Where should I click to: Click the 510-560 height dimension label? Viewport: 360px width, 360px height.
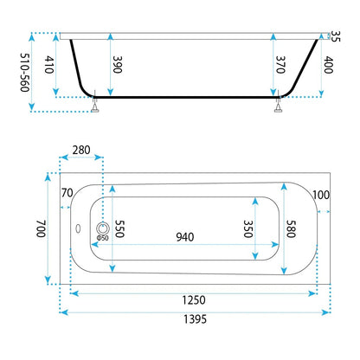pos(25,72)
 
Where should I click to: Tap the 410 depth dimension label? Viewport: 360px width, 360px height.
pos(49,65)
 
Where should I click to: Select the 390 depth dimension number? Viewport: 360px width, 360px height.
pos(118,64)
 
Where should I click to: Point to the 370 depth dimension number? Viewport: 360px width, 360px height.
pos(280,65)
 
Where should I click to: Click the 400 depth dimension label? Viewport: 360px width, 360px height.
pos(329,65)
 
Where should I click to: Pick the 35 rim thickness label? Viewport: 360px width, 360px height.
pos(335,36)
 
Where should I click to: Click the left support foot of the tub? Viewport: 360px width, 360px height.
pos(95,107)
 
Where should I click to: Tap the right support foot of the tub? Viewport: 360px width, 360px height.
pos(278,107)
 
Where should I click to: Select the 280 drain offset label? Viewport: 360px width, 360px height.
pos(81,150)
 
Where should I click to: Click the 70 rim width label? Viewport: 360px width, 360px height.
pos(67,193)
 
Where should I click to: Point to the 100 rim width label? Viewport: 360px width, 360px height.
pos(321,196)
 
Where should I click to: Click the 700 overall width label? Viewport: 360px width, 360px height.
pos(41,228)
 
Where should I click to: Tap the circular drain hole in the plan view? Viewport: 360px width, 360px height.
pos(102,228)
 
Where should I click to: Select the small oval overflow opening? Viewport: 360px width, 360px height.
pos(78,228)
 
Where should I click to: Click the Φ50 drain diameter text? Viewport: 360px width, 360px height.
pos(103,238)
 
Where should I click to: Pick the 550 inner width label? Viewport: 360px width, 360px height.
pos(119,228)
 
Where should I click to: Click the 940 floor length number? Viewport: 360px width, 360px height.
pos(185,237)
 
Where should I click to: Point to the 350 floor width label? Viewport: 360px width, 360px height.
pos(248,228)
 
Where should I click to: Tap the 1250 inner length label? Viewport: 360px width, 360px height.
pos(194,300)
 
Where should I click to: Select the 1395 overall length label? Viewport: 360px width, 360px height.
pos(196,319)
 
